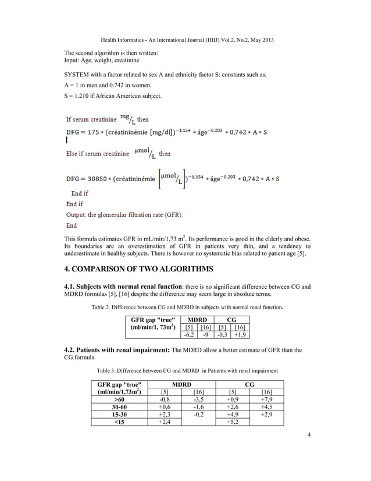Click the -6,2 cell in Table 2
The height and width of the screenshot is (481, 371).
188,335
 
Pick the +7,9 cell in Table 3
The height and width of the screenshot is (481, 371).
266,400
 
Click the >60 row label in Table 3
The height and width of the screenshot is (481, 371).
119,400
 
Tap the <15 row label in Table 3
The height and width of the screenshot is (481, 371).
119,422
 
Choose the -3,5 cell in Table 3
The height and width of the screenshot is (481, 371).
198,400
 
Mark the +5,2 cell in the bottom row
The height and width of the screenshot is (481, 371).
233,422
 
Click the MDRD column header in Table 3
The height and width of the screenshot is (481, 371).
181,384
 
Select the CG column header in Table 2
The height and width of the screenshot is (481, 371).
231,319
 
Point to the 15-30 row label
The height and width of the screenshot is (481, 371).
119,415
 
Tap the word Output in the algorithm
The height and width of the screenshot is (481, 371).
77,214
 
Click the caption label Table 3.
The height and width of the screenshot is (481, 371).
108,371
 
